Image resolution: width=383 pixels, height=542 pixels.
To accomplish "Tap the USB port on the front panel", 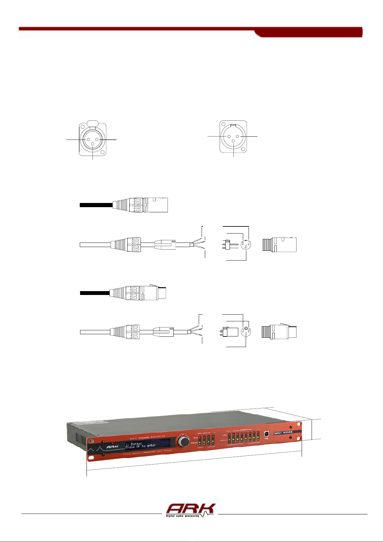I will tap(266, 434).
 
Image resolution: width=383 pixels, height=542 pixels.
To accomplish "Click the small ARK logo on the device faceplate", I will tap(112, 446).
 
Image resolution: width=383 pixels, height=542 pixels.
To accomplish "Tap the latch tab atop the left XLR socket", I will tap(92, 123).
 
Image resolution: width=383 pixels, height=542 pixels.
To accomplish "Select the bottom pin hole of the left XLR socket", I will tap(93, 144).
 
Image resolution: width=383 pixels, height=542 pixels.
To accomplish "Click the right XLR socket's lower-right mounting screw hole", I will tap(244, 149).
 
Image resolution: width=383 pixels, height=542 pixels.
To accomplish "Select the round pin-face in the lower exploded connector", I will tap(246, 332).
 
